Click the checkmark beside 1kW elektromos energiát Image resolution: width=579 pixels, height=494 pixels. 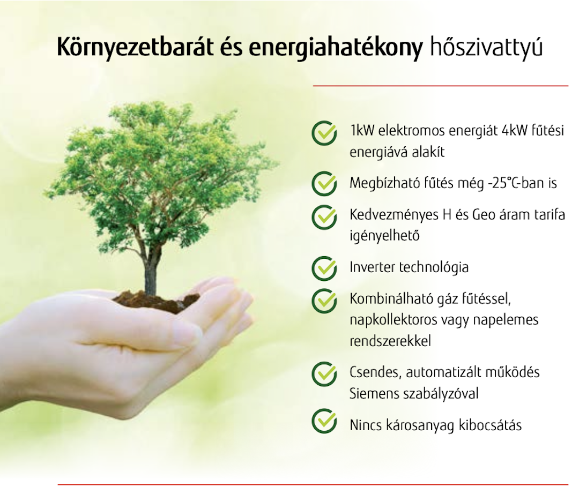pos(324,133)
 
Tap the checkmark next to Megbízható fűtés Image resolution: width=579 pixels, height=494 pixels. pos(324,183)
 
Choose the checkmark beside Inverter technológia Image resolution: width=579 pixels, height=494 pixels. pos(324,267)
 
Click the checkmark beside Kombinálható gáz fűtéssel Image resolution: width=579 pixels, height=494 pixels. pos(324,300)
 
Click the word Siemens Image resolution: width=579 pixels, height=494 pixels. pos(373,394)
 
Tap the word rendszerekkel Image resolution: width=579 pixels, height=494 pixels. pos(390,341)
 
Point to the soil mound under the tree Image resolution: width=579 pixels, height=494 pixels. pos(155,302)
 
